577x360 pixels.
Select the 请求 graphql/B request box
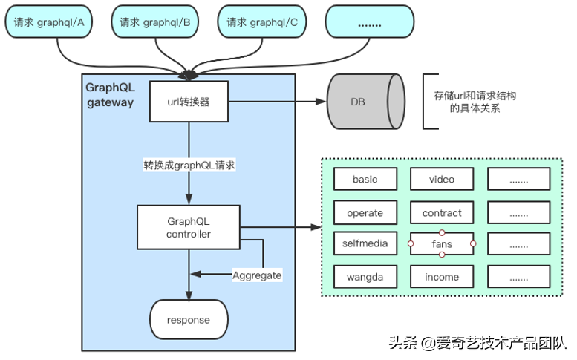point(155,22)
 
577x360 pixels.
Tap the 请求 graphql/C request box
point(262,22)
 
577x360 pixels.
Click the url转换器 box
point(189,102)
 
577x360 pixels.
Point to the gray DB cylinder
point(365,102)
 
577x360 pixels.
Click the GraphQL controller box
point(189,227)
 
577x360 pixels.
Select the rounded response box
point(189,320)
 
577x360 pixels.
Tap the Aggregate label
point(257,275)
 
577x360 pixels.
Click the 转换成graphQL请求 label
point(189,166)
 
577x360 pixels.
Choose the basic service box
point(365,180)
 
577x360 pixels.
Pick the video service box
point(442,180)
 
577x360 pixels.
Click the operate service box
point(365,213)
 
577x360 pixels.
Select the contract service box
point(442,213)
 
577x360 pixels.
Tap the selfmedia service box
point(365,243)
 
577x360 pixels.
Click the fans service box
point(442,243)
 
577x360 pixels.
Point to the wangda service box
point(365,277)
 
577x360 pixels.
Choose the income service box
point(442,277)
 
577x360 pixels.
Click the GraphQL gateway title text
point(110,94)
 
